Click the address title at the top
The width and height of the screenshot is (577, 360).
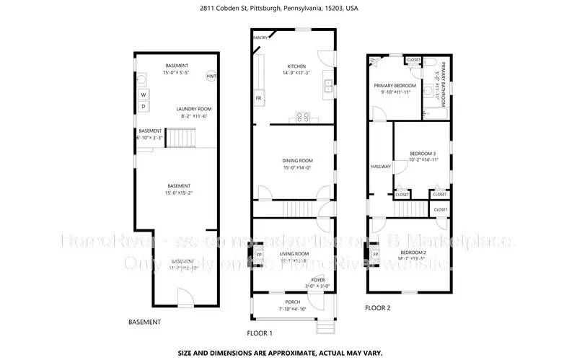288,9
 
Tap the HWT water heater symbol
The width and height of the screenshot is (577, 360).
211,76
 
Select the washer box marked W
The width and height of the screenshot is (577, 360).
144,95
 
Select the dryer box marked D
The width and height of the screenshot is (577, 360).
144,107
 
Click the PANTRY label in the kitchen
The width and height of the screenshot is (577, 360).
260,37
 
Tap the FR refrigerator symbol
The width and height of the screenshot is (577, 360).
257,97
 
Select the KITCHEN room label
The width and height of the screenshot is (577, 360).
296,66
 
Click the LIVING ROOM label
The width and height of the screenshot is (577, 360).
294,254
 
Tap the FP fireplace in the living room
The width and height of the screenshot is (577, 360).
260,255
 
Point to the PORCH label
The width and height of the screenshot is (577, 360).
292,302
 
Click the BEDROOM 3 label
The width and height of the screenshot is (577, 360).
423,154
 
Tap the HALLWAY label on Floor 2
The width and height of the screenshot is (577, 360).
380,167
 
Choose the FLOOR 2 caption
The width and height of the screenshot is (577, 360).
377,307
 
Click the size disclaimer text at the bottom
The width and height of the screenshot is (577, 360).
288,353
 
